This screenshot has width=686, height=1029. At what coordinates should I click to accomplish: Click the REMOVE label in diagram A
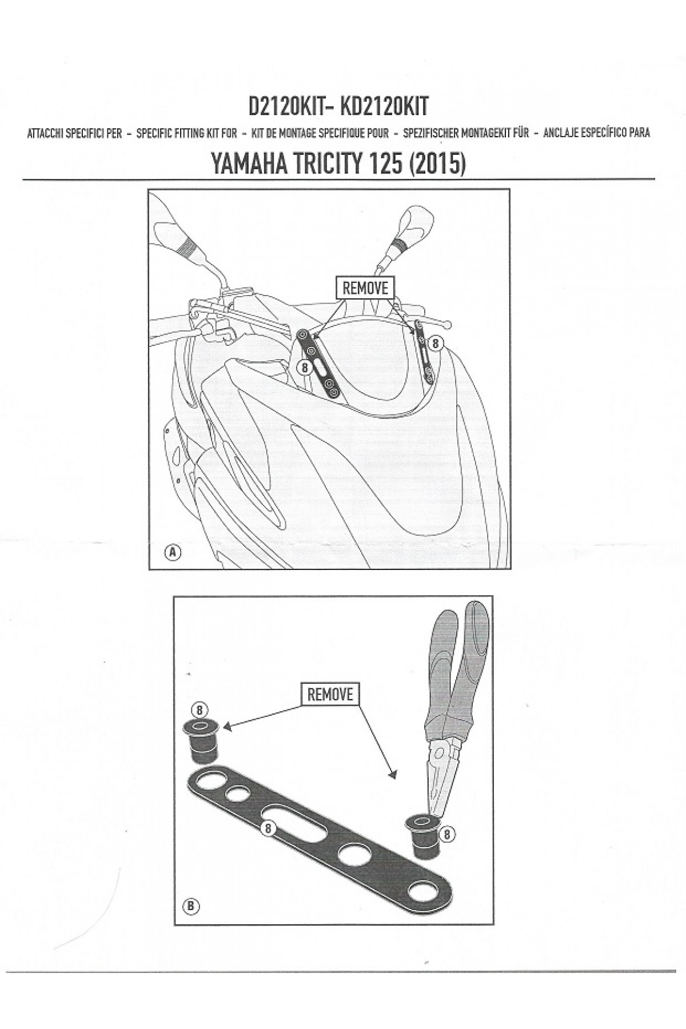point(365,288)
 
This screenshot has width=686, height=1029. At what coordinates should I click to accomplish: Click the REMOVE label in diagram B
point(330,694)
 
